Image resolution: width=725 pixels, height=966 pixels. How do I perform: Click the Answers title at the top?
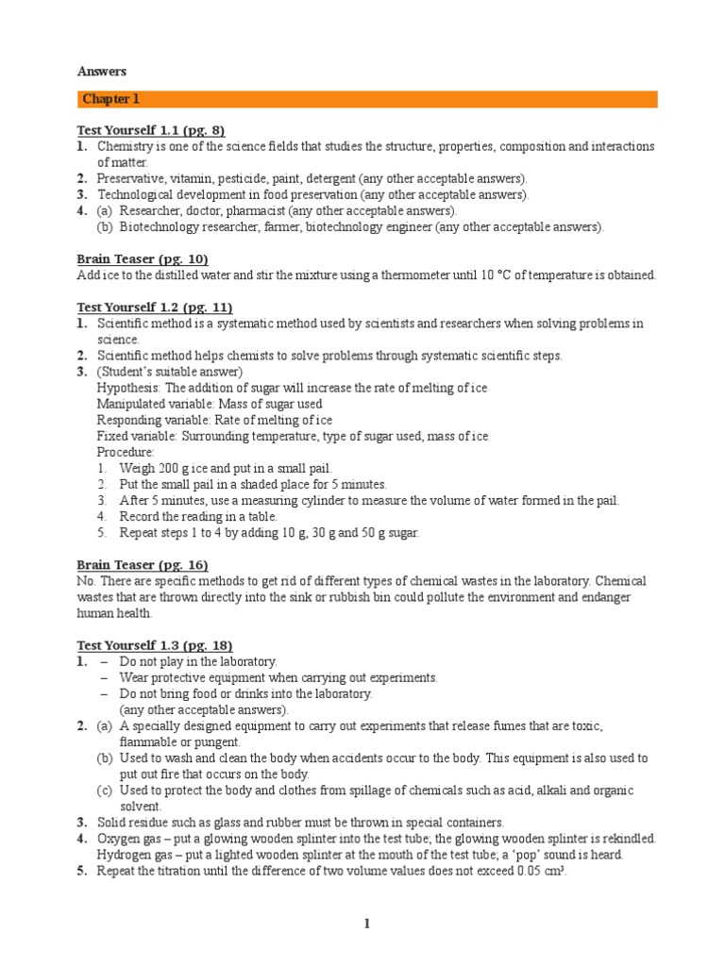(101, 72)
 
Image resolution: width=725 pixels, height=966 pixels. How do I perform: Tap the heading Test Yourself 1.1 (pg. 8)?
(150, 130)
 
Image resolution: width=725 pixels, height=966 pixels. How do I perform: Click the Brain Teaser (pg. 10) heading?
(142, 258)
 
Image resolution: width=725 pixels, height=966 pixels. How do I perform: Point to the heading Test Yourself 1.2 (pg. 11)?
(154, 308)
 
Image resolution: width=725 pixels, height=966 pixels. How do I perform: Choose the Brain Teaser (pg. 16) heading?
(142, 564)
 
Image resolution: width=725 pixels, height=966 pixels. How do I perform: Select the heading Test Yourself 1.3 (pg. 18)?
(154, 645)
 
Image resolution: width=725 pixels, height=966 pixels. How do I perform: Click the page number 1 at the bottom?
(367, 924)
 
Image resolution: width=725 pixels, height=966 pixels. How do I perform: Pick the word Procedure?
(125, 452)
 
